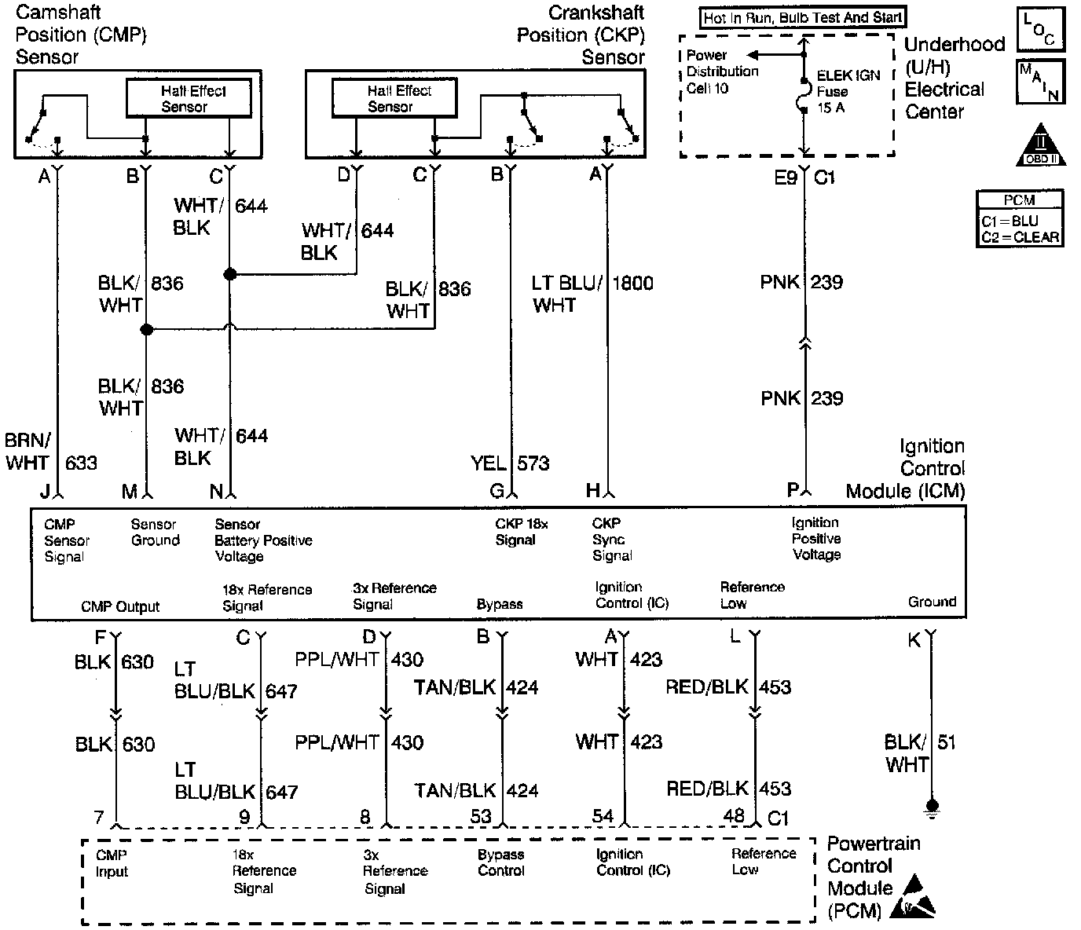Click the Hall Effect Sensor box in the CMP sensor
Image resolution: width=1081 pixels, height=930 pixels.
[x=189, y=98]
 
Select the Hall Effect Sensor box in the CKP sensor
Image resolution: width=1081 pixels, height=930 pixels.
[x=394, y=98]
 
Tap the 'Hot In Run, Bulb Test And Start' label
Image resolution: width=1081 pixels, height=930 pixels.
[x=803, y=17]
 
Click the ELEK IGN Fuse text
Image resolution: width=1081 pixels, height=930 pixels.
[x=848, y=91]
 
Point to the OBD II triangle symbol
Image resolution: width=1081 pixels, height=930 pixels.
[x=1042, y=145]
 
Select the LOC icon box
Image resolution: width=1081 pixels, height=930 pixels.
[x=1040, y=30]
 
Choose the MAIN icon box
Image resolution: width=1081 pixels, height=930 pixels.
[x=1040, y=82]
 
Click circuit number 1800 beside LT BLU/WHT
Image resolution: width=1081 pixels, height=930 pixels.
[x=632, y=283]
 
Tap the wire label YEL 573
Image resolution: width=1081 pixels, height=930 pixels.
[x=510, y=463]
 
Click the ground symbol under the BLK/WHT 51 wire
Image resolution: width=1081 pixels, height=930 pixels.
[x=932, y=807]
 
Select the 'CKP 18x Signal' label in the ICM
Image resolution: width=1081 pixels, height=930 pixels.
[x=521, y=532]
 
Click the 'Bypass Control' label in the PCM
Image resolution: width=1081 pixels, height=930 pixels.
[x=500, y=862]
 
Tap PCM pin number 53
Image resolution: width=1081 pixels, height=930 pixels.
[x=481, y=816]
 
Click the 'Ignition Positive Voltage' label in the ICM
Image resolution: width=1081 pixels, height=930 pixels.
[x=816, y=539]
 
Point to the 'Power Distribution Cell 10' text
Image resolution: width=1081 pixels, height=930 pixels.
[x=721, y=71]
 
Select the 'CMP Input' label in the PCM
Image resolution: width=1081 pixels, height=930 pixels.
[x=112, y=863]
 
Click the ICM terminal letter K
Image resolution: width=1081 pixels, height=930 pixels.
[x=914, y=641]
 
